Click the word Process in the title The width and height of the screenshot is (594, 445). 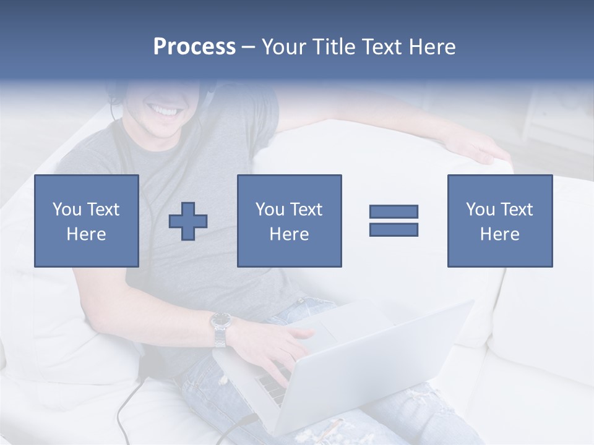(x=194, y=47)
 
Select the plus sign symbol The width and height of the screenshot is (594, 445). (x=188, y=221)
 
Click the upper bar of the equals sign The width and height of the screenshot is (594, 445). (x=394, y=212)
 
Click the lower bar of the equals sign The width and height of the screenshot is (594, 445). (x=394, y=229)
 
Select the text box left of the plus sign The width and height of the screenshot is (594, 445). (x=87, y=221)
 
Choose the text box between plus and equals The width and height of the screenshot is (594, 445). (x=289, y=221)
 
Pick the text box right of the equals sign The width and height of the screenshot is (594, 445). (x=499, y=221)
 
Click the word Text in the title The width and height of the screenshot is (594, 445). (x=381, y=47)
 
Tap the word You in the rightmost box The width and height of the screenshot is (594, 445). (x=480, y=210)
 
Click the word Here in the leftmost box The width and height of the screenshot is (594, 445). (x=87, y=234)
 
